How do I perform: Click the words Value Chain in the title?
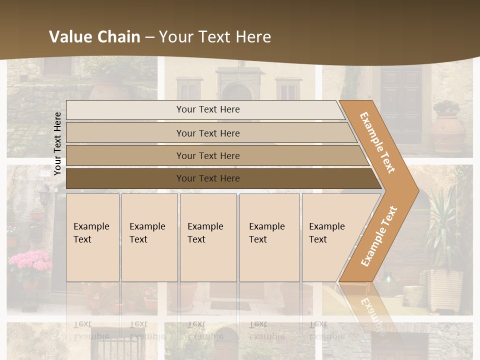94,36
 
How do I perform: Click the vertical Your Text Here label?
57,143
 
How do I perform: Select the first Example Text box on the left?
92,237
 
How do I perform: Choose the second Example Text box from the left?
149,237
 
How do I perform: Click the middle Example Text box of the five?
208,237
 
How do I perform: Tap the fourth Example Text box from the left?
269,237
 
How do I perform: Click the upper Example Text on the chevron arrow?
377,142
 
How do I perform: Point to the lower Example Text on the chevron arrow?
378,236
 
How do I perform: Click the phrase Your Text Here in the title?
215,36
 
